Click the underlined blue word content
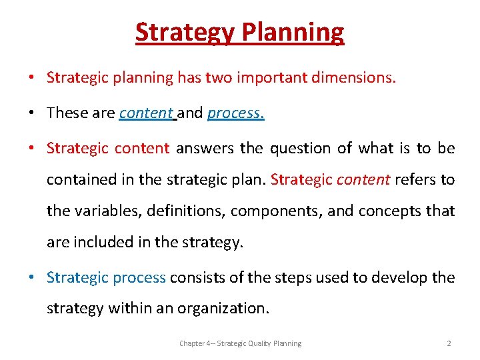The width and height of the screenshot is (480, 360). [146, 113]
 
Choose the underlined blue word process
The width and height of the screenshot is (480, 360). [235, 113]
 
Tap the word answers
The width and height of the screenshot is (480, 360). [204, 148]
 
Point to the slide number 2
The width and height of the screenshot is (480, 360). [449, 343]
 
